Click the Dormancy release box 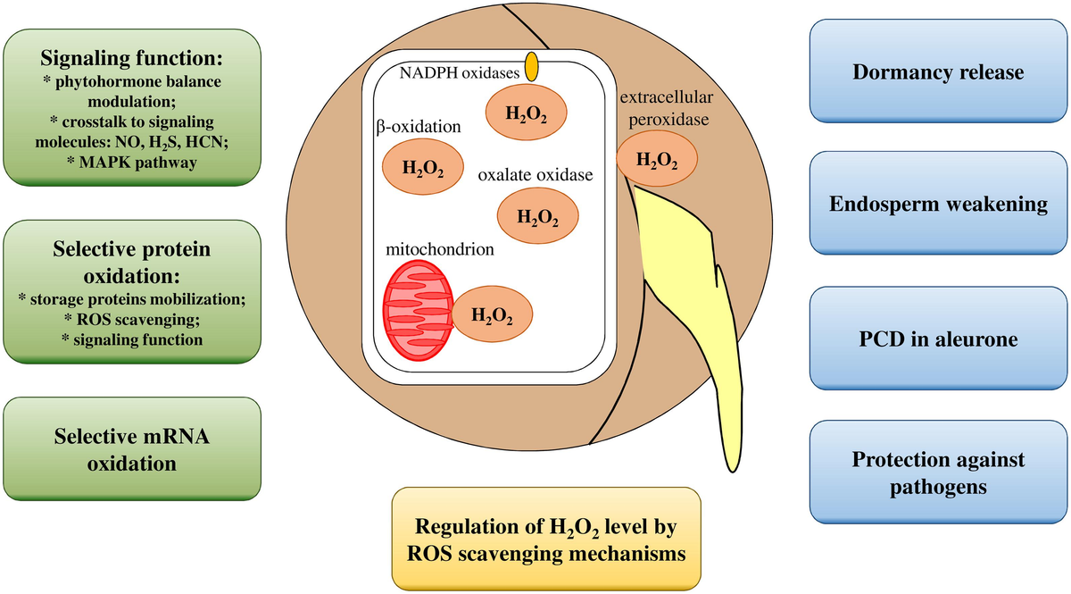937,73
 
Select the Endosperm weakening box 937,205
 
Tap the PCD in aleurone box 937,339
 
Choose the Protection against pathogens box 937,473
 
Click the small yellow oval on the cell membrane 531,67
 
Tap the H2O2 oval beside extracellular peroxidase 656,161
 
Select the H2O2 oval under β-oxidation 422,167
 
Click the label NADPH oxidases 460,74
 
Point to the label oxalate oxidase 535,176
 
